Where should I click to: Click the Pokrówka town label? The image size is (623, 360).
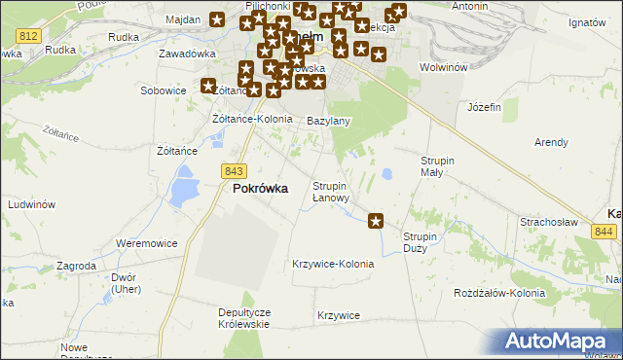coord(260,189)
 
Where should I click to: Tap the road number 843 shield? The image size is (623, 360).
coord(233,170)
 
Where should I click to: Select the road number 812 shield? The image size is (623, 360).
coord(27,35)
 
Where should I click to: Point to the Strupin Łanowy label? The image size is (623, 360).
coord(330,192)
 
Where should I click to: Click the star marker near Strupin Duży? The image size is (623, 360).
coord(377,222)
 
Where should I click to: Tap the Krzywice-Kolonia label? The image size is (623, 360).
coord(333,264)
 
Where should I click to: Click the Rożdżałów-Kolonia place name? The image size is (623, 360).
coord(499,293)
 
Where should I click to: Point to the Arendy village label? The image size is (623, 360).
coord(551,142)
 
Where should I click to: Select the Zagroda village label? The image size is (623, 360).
coord(76,265)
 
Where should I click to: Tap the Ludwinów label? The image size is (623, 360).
coord(31,205)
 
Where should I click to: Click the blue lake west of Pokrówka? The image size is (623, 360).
coord(182,186)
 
